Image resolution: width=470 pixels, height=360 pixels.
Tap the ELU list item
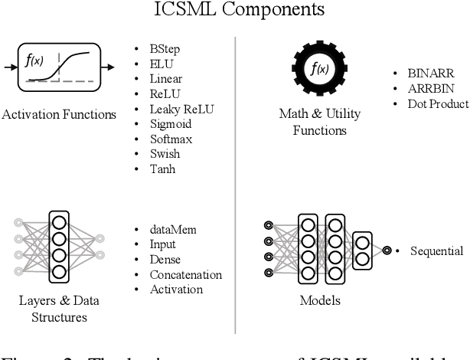click(x=162, y=65)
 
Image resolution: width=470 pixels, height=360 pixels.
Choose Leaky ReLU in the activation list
click(x=181, y=109)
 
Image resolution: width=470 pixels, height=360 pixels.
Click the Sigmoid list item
click(x=170, y=123)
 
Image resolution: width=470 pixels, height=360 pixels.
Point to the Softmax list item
click(x=171, y=139)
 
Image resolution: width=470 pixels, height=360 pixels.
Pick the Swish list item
click(x=165, y=153)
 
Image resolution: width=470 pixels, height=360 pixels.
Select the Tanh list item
click(x=162, y=168)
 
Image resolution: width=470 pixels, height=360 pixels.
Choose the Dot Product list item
click(x=437, y=103)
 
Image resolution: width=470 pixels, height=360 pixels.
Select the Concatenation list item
click(x=185, y=274)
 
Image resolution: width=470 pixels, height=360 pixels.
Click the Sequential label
click(x=436, y=250)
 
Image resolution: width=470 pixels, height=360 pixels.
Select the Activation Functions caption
click(x=59, y=115)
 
